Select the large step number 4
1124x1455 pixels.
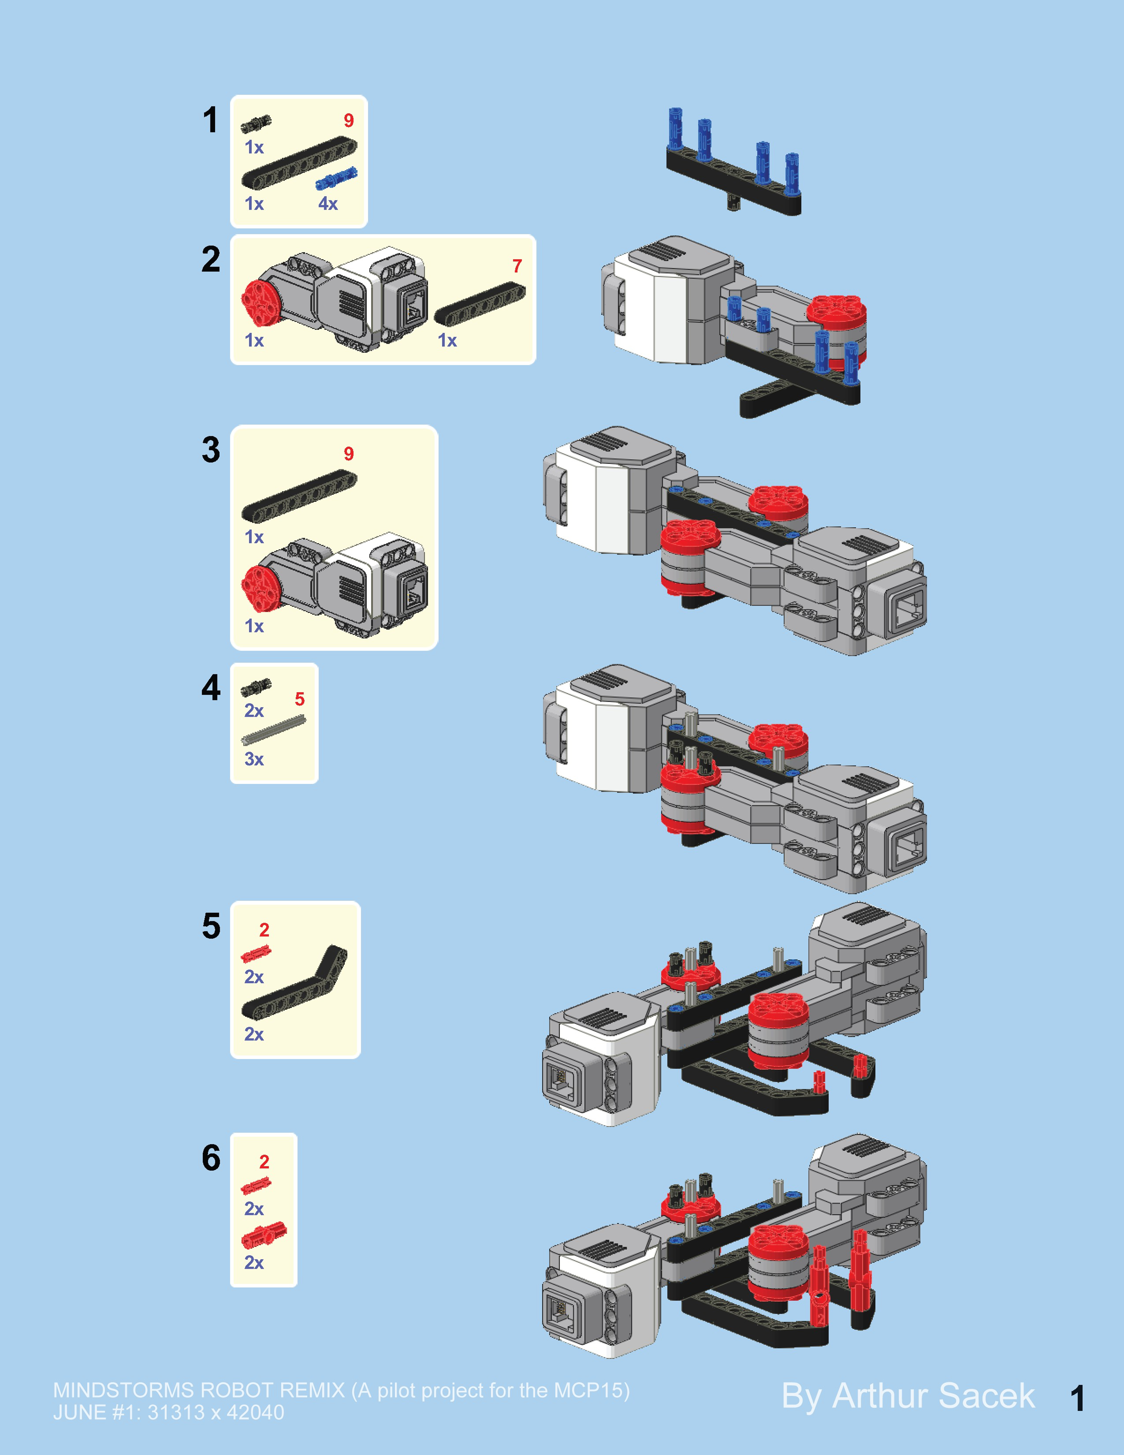(211, 688)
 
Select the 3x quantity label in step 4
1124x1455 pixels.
(254, 759)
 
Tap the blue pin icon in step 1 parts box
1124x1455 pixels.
(336, 178)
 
